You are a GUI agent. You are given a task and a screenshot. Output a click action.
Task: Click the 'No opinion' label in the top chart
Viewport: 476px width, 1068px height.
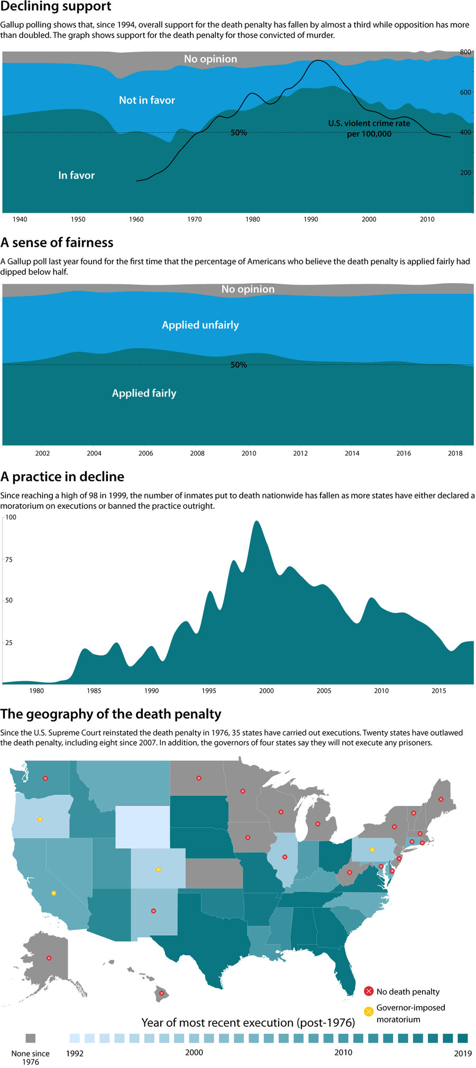(x=210, y=59)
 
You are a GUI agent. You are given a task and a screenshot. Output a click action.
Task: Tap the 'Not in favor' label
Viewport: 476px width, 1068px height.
(x=147, y=100)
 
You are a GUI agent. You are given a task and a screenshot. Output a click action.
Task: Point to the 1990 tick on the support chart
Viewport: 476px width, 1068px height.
(x=311, y=219)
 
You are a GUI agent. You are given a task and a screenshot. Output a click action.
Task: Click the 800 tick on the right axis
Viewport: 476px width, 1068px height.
(x=465, y=52)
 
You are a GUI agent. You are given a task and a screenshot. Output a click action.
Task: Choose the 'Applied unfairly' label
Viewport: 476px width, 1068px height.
(x=200, y=325)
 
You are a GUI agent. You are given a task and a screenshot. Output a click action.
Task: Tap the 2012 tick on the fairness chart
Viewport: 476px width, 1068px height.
(x=300, y=453)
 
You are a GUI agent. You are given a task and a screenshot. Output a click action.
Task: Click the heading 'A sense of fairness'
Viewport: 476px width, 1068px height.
(x=57, y=242)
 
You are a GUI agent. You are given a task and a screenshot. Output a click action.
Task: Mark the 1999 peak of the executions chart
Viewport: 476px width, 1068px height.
(x=257, y=522)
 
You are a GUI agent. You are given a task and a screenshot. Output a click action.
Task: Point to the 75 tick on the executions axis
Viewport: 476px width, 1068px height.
(x=9, y=559)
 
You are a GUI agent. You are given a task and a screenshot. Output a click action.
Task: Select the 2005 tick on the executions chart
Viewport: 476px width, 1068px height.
(x=324, y=691)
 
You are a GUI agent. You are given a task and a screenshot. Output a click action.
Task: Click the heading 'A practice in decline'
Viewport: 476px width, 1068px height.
(x=62, y=477)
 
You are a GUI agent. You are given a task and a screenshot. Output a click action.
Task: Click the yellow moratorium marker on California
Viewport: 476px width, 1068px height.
(x=53, y=893)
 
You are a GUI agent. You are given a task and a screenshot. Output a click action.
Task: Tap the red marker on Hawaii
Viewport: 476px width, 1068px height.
(x=161, y=993)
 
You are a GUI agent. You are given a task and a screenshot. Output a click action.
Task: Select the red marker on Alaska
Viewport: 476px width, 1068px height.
(x=49, y=958)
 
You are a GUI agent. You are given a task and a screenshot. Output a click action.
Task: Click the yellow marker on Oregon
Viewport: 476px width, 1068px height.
(x=40, y=819)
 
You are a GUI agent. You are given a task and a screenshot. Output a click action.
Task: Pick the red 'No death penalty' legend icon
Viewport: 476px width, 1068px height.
(x=369, y=991)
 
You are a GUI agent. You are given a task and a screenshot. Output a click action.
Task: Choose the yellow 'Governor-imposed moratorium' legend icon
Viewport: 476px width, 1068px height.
(x=369, y=1011)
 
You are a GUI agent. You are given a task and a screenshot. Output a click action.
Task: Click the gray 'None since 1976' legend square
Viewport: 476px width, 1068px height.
(x=30, y=1038)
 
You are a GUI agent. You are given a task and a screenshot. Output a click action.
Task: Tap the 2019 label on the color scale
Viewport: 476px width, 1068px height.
(x=463, y=1053)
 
